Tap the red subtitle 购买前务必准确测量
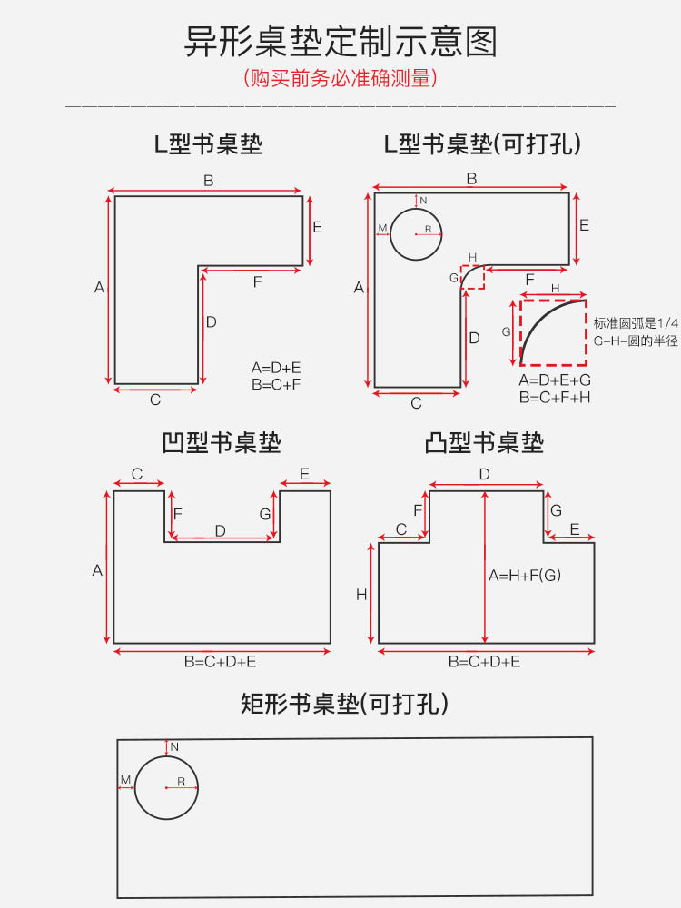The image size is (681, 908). click(340, 79)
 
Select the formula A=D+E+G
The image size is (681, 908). click(555, 380)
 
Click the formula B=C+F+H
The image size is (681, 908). click(555, 397)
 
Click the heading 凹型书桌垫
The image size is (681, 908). click(222, 443)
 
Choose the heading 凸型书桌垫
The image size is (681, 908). click(484, 443)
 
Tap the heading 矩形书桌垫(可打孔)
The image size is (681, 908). click(345, 703)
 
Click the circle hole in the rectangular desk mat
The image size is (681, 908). click(166, 787)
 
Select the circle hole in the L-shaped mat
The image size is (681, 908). click(416, 233)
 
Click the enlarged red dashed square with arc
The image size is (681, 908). click(553, 332)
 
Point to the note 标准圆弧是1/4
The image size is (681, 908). click(636, 324)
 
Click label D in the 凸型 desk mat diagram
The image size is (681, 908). click(484, 474)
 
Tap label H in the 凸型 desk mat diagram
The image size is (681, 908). click(361, 595)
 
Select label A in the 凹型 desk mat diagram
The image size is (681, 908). click(97, 570)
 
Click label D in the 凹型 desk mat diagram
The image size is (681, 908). click(220, 530)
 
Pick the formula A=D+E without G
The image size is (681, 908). click(276, 368)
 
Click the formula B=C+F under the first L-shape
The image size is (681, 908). click(276, 384)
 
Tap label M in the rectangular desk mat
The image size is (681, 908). click(125, 780)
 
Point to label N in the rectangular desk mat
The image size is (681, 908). click(174, 746)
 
